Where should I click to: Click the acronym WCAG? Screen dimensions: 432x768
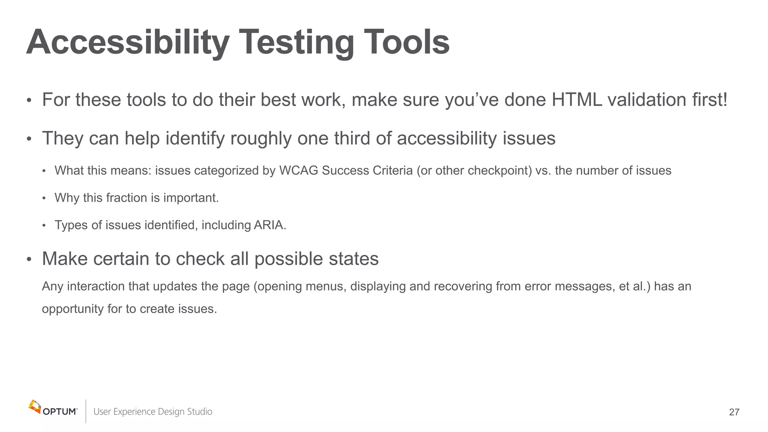(x=298, y=171)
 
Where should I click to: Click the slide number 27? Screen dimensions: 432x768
(x=734, y=412)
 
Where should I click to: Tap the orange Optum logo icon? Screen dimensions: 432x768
(x=34, y=406)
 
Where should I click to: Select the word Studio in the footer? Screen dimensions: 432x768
(x=199, y=412)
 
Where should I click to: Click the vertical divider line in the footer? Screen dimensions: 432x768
(x=86, y=411)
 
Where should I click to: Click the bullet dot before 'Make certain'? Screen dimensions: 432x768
(x=29, y=259)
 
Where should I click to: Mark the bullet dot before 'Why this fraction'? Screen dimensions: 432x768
(x=44, y=198)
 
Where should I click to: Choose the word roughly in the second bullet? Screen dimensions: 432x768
(x=261, y=138)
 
